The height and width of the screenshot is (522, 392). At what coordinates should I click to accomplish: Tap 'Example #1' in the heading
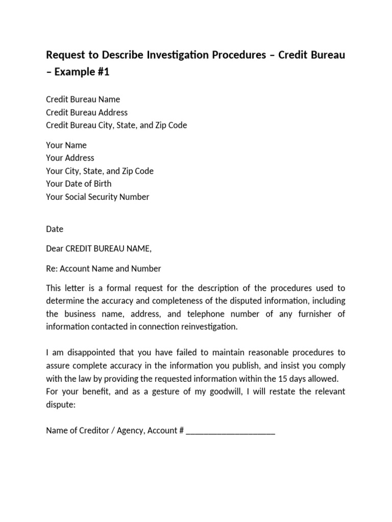pyautogui.click(x=82, y=72)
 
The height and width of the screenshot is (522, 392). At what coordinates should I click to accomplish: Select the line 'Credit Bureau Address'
pyautogui.click(x=87, y=112)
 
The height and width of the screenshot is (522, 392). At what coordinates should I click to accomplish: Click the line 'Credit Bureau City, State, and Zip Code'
pyautogui.click(x=116, y=125)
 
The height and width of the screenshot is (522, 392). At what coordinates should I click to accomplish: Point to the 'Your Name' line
pyautogui.click(x=66, y=145)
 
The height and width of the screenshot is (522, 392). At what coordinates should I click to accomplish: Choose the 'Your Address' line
pyautogui.click(x=70, y=158)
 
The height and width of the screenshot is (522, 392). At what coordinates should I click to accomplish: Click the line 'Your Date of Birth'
pyautogui.click(x=79, y=184)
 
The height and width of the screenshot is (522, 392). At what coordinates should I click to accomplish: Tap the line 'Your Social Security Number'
pyautogui.click(x=97, y=197)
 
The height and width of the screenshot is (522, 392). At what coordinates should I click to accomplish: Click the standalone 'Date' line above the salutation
pyautogui.click(x=55, y=229)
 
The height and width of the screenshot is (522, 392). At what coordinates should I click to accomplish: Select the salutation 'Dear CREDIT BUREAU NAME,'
pyautogui.click(x=99, y=249)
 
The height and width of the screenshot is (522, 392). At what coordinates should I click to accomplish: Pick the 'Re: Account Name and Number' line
pyautogui.click(x=103, y=268)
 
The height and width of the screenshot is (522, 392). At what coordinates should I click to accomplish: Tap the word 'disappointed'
pyautogui.click(x=87, y=353)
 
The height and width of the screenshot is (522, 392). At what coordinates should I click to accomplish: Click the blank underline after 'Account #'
pyautogui.click(x=231, y=431)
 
